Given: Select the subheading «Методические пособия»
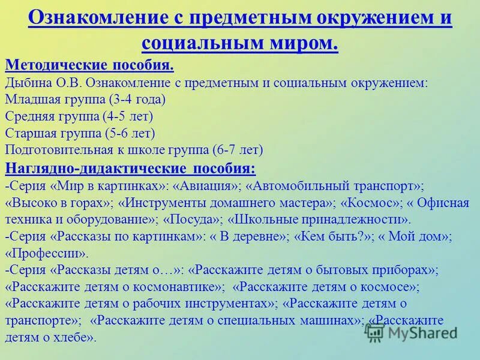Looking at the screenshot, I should pyautogui.click(x=89, y=65).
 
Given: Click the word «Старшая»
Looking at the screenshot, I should pyautogui.click(x=28, y=133).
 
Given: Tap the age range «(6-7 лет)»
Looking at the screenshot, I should pyautogui.click(x=238, y=150).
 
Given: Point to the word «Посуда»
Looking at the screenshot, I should pyautogui.click(x=190, y=219).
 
